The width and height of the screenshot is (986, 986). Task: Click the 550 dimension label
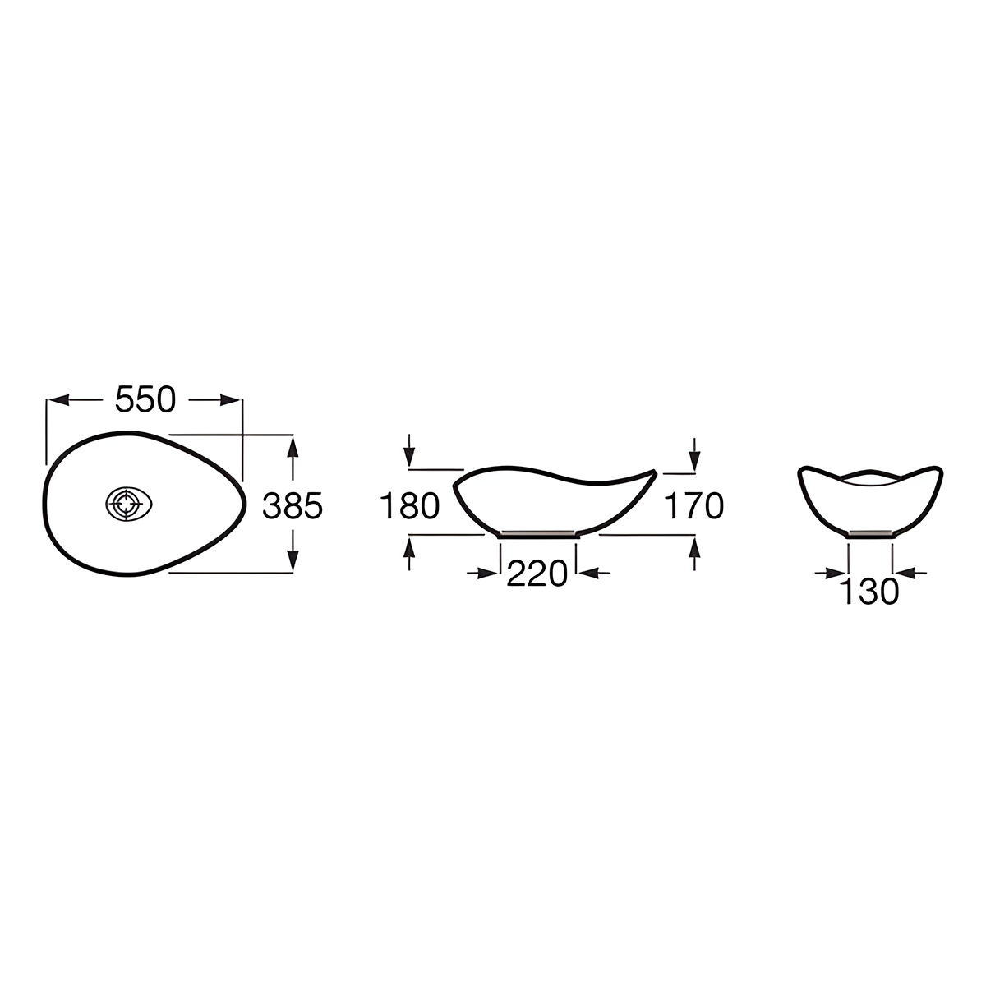point(145,399)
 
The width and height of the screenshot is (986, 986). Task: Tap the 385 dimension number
point(293,506)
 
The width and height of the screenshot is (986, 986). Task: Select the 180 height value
point(409,506)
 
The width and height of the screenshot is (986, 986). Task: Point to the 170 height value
point(693,506)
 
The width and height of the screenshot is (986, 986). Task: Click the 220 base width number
point(537,574)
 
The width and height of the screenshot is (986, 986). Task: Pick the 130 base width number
point(869,592)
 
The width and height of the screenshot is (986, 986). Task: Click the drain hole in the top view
point(128,504)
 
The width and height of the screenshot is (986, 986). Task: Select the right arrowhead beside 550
point(230,400)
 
